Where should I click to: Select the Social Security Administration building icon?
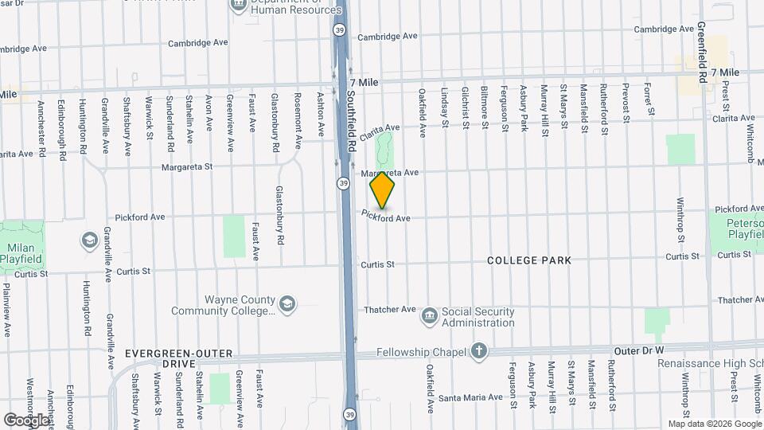click(430, 316)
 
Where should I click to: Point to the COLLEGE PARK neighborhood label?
click(529, 260)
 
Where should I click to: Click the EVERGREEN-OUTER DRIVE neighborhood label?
click(178, 358)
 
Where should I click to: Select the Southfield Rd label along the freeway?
click(351, 116)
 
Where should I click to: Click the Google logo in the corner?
click(25, 419)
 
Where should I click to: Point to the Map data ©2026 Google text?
click(714, 424)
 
